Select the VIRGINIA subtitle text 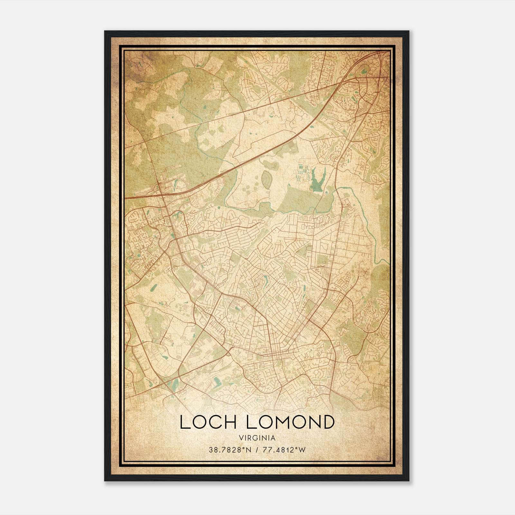coord(257,438)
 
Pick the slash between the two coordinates coord(256,450)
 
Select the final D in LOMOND coord(327,422)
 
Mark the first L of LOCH coord(184,422)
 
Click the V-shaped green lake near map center coord(317,182)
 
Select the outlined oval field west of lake coord(267,179)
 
